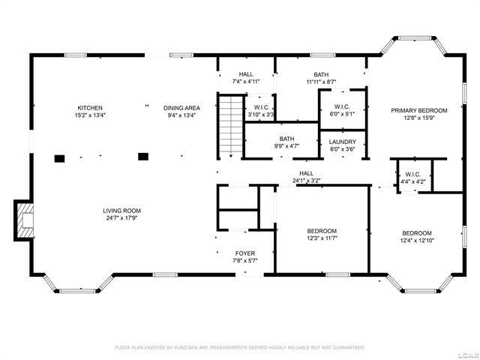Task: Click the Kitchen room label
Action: (89, 108)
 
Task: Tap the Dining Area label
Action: (180, 108)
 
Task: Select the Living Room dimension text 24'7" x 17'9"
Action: (121, 218)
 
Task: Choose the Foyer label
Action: (245, 253)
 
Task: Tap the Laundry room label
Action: (343, 142)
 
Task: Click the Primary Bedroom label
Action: (418, 110)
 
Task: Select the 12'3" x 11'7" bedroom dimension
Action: (322, 238)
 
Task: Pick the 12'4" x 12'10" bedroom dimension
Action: (416, 241)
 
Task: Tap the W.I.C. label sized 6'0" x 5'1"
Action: (343, 106)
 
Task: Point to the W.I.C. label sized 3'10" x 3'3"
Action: (262, 108)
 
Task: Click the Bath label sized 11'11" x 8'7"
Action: (321, 75)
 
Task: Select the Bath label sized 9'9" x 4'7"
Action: (286, 139)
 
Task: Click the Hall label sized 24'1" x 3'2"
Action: (305, 173)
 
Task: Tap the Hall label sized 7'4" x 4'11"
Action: (246, 74)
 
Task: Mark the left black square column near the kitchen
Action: (59, 157)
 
